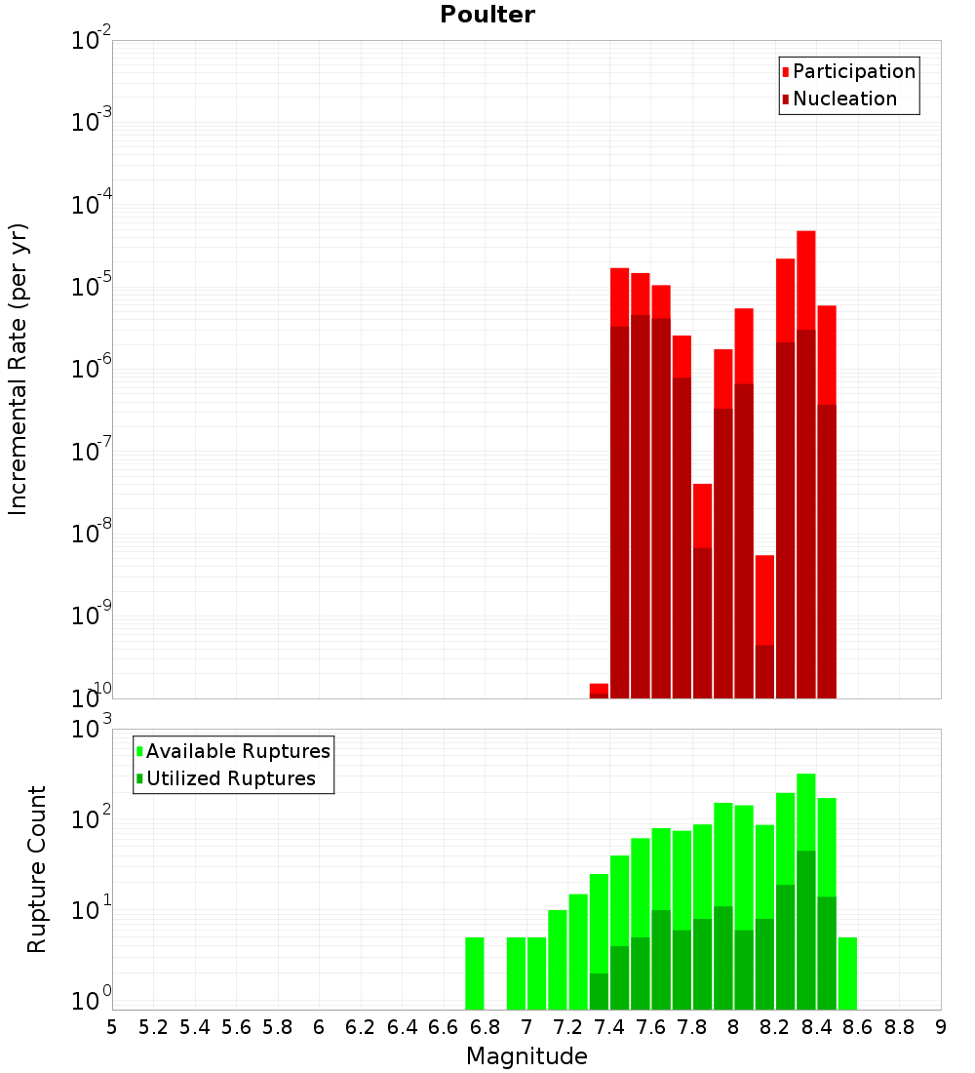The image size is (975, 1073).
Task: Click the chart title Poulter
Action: pos(487,15)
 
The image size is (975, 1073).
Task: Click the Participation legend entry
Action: pos(854,71)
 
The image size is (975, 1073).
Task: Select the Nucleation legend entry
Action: pos(844,99)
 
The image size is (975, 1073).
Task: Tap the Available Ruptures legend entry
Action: pos(238,751)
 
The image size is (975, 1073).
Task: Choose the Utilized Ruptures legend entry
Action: pos(230,778)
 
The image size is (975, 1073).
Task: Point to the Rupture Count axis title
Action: pos(37,868)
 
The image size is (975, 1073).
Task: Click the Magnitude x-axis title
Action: pos(526,1056)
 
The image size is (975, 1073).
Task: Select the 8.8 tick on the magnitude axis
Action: pos(899,1026)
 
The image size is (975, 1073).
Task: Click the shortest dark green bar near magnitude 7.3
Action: pos(599,991)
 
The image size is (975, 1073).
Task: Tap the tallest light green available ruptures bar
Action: pos(805,810)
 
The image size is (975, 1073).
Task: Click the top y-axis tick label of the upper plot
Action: pos(92,41)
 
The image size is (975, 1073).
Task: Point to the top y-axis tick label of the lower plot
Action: pos(92,729)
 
